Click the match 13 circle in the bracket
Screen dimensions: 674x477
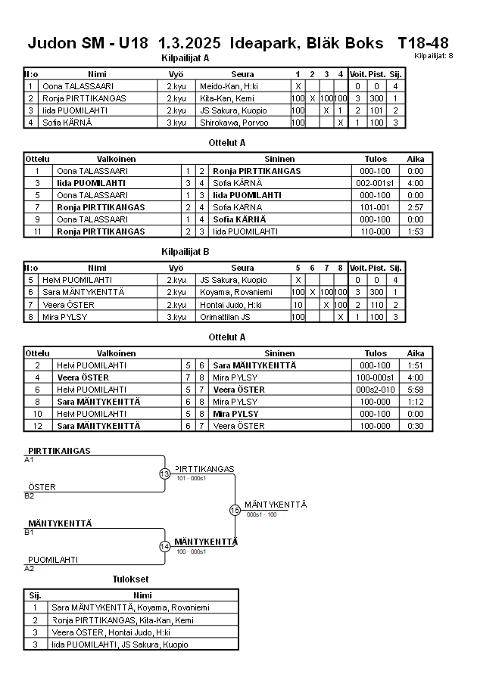(x=165, y=474)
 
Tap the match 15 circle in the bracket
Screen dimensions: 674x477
(x=235, y=510)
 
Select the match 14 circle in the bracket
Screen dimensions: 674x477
(x=165, y=546)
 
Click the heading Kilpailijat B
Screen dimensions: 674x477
(x=185, y=251)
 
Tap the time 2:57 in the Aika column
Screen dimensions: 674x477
(x=416, y=207)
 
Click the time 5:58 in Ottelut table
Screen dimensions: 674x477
(x=416, y=390)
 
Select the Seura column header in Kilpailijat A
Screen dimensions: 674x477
(x=242, y=74)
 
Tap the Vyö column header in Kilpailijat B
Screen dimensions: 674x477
(x=176, y=268)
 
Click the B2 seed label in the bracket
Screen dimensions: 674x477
(x=30, y=496)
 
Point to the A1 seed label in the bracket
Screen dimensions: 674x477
(x=30, y=460)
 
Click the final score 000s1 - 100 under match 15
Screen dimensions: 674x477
(x=262, y=514)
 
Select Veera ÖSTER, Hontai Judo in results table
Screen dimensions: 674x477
(x=111, y=632)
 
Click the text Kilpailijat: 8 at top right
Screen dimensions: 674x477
(x=434, y=56)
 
